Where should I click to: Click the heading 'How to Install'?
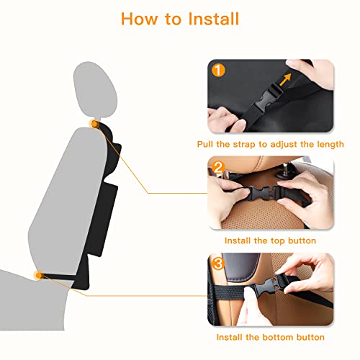[179, 18]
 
